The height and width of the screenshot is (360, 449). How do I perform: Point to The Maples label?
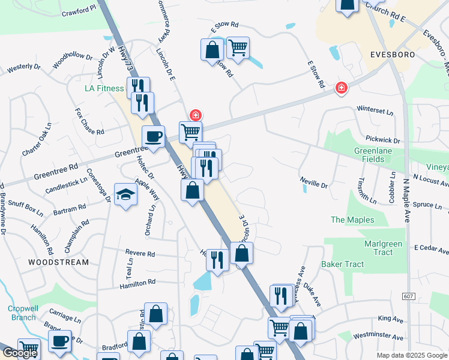point(352,220)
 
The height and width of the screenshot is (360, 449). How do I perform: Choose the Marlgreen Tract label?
point(379,248)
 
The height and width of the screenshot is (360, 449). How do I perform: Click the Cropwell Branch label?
point(23,313)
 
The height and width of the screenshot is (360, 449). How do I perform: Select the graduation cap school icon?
point(126,194)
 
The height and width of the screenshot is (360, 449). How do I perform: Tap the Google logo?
point(19,353)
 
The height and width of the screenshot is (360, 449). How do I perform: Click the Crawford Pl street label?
point(79,10)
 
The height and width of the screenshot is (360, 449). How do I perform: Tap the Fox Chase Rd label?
point(89,122)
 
